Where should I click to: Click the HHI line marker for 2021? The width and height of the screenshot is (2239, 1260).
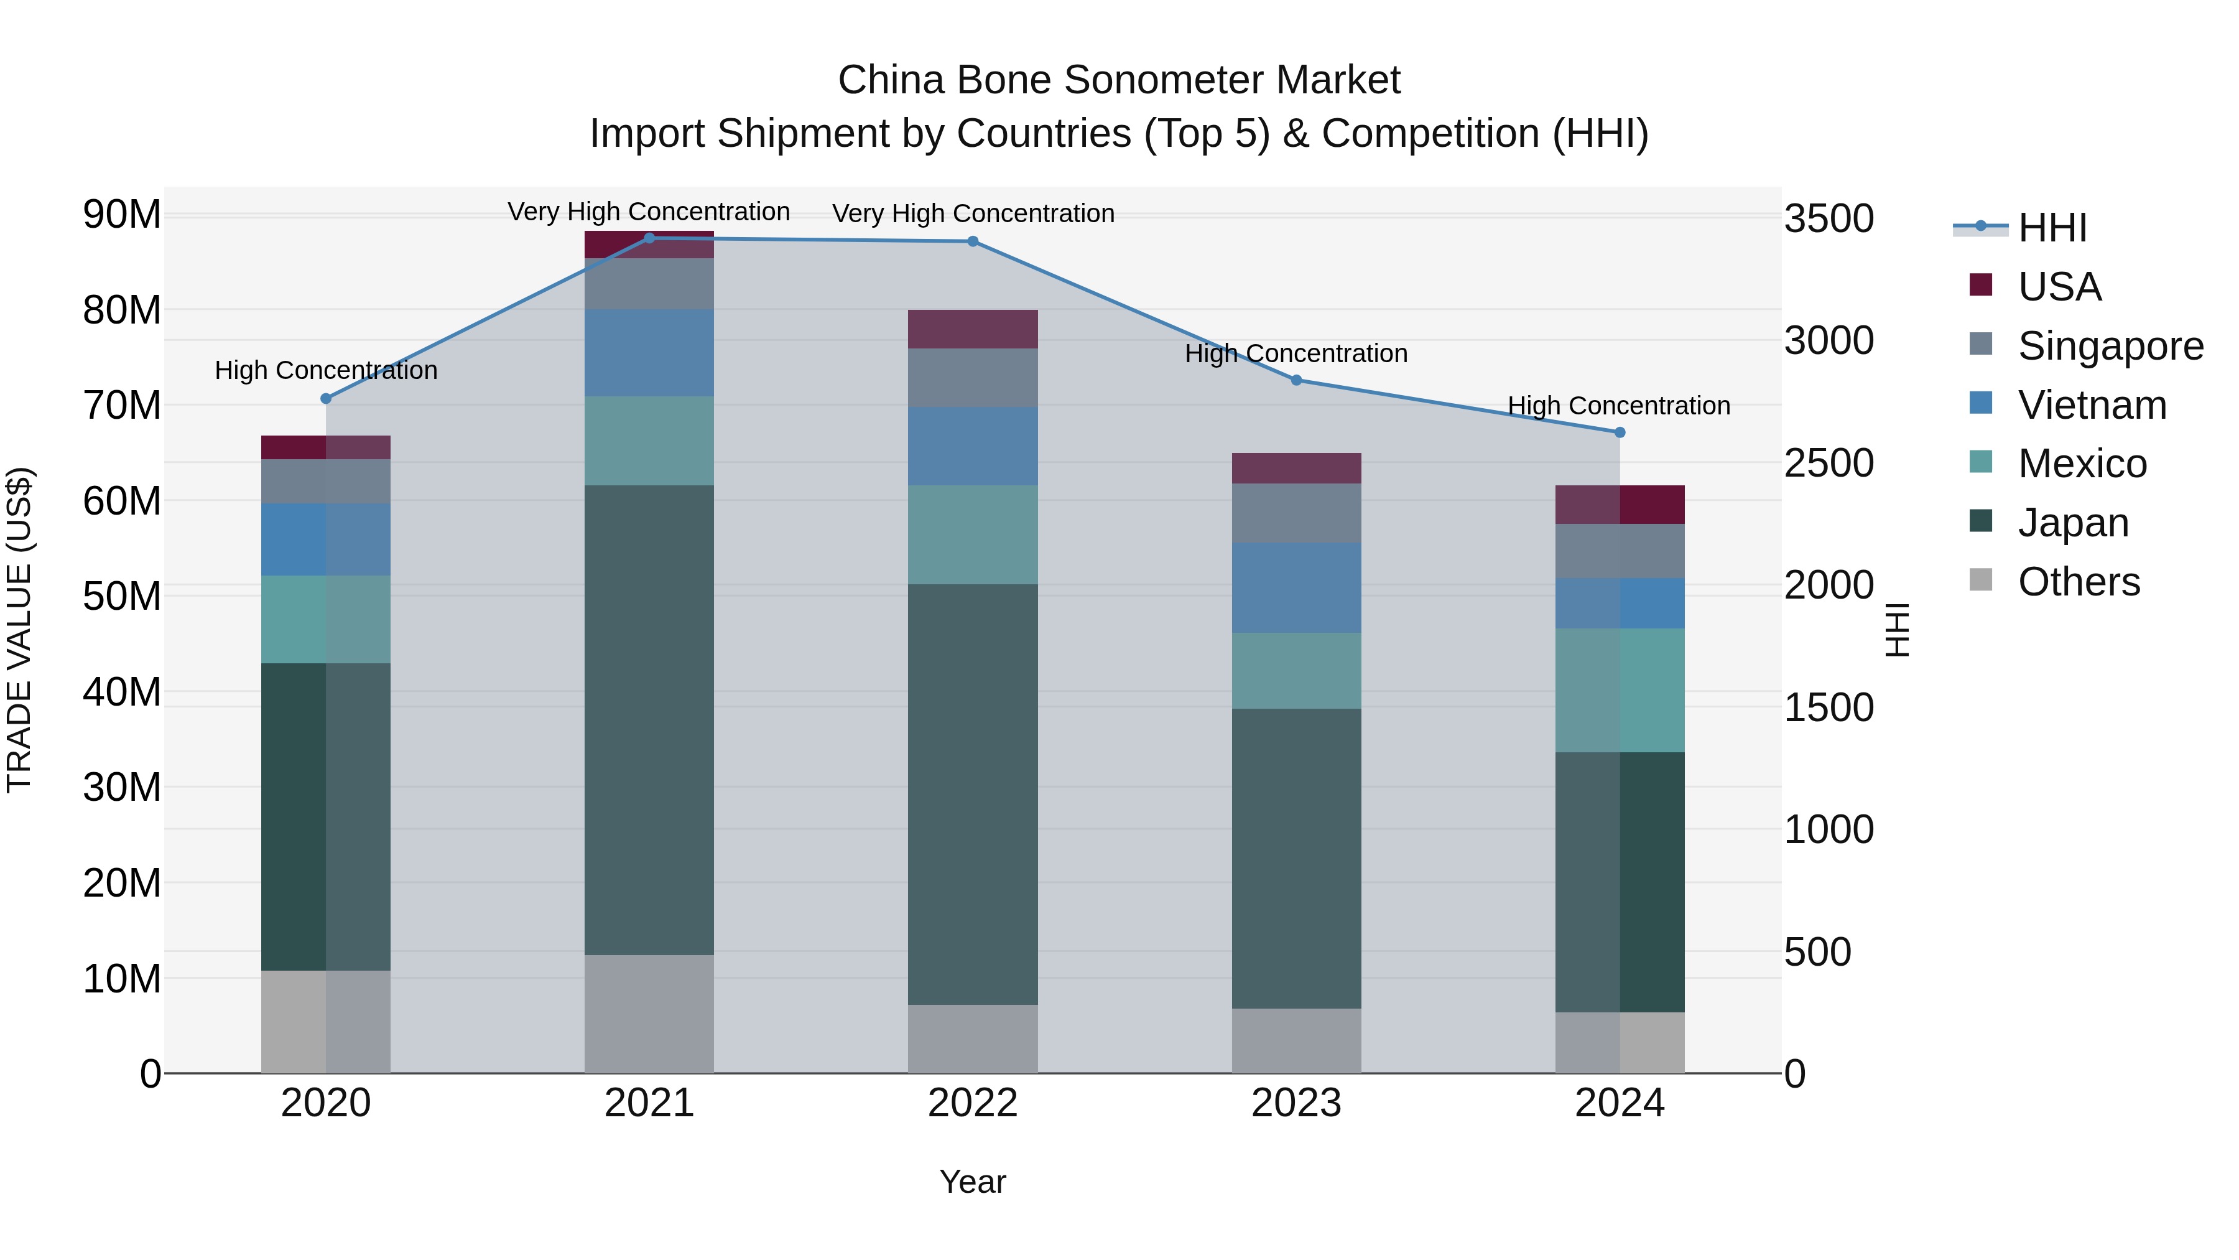point(649,238)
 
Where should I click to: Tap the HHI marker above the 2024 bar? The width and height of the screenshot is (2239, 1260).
point(1620,432)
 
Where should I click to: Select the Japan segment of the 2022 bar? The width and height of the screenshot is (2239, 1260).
point(973,794)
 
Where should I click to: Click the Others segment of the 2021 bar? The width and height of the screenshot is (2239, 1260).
point(649,1014)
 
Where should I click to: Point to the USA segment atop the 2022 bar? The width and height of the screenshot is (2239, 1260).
point(973,329)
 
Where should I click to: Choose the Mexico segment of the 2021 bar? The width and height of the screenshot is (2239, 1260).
point(649,441)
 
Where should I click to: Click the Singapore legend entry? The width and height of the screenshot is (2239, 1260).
point(2110,346)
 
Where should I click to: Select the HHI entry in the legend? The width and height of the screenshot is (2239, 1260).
point(2051,228)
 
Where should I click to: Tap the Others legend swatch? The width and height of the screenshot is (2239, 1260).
point(1981,579)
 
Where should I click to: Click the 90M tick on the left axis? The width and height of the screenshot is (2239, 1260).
point(122,215)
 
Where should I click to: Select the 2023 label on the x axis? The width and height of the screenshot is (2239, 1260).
point(1296,1103)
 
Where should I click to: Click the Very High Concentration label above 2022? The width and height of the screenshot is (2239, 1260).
point(973,213)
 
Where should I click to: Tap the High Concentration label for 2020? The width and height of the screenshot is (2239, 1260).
point(326,370)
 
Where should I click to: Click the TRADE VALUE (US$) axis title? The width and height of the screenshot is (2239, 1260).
point(19,630)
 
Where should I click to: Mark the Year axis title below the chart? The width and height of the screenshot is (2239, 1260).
point(973,1182)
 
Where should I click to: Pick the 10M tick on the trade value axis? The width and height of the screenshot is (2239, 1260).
point(122,979)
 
